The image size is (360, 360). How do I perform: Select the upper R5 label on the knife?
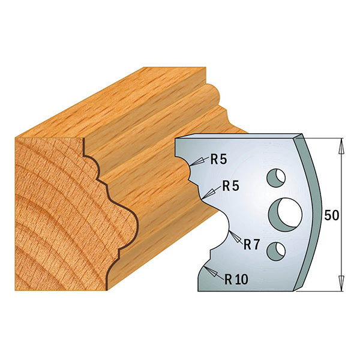click(x=217, y=159)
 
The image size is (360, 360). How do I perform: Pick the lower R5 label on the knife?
click(x=230, y=187)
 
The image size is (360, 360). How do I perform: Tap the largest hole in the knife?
click(x=287, y=212)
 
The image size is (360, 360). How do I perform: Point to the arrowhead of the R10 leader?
click(x=206, y=271)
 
